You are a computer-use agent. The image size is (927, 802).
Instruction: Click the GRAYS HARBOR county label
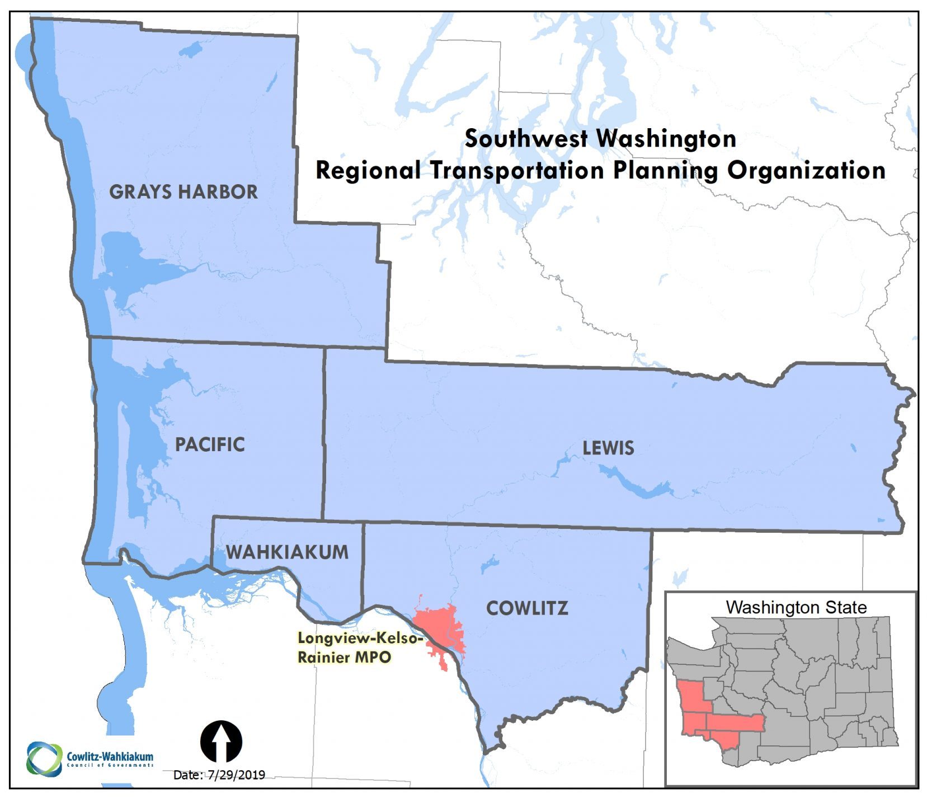coord(183,191)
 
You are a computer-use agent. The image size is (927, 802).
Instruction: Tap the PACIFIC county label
coord(210,444)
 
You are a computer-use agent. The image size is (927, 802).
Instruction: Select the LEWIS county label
coord(608,448)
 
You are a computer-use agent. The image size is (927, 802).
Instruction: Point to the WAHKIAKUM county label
coord(287,552)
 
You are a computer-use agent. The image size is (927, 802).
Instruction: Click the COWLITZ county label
coord(527,608)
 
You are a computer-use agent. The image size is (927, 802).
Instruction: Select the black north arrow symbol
coord(221,741)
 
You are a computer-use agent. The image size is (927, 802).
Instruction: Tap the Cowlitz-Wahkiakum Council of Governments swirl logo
coord(44,759)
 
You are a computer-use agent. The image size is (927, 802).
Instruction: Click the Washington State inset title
coord(796,607)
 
